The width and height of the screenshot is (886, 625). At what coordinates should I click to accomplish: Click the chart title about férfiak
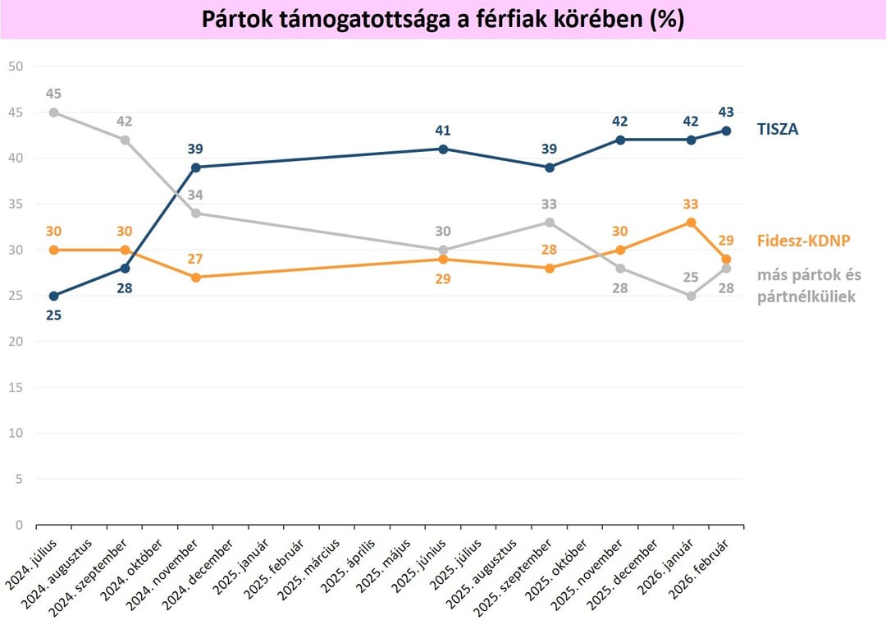click(443, 20)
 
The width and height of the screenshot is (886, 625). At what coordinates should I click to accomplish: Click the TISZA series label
click(776, 130)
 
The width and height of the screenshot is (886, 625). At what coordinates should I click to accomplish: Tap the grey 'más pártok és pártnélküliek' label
click(809, 286)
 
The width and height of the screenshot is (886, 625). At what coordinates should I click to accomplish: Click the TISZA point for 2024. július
click(54, 296)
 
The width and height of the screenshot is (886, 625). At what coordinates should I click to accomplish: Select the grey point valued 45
click(54, 113)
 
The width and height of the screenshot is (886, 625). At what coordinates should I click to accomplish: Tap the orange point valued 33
click(691, 223)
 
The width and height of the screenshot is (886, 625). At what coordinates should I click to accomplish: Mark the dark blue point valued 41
click(443, 149)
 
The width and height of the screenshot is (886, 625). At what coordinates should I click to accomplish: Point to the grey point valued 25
click(691, 296)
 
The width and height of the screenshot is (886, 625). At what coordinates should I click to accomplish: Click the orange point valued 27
click(195, 278)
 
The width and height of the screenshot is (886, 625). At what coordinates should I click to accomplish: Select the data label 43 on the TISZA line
click(725, 112)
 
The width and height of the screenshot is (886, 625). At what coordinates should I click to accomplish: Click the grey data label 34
click(195, 195)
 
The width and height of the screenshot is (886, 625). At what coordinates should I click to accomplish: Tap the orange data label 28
click(550, 249)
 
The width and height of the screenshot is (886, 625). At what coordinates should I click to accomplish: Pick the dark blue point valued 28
click(125, 268)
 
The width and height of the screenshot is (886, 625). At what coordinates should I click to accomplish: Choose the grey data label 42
click(125, 122)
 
